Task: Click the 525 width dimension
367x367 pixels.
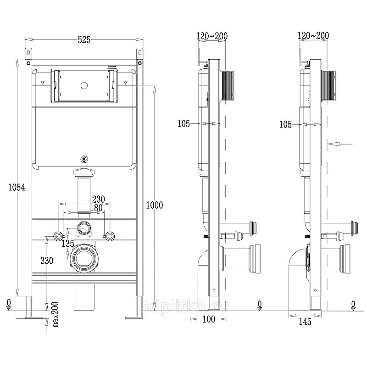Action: pyautogui.click(x=84, y=39)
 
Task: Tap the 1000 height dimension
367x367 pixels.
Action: pyautogui.click(x=155, y=205)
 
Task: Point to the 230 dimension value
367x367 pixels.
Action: pyautogui.click(x=98, y=199)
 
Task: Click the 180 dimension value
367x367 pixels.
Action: pyautogui.click(x=96, y=208)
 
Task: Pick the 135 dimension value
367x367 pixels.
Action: pyautogui.click(x=68, y=244)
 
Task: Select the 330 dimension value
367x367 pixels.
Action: pyautogui.click(x=47, y=260)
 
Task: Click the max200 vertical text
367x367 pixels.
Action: pyautogui.click(x=56, y=314)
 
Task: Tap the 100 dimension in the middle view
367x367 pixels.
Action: pyautogui.click(x=209, y=319)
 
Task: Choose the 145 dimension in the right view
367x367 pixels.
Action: pyautogui.click(x=305, y=322)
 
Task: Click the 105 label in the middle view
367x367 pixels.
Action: pyautogui.click(x=183, y=123)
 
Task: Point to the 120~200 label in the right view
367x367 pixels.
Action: pyautogui.click(x=313, y=35)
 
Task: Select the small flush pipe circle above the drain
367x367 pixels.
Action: pyautogui.click(x=84, y=228)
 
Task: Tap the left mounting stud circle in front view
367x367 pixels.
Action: pyautogui.click(x=58, y=236)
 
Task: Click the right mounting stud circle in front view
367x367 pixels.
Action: pyautogui.click(x=109, y=236)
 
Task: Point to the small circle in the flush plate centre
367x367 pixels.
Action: pyautogui.click(x=84, y=86)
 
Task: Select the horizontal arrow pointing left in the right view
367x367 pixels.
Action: pyautogui.click(x=339, y=144)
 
